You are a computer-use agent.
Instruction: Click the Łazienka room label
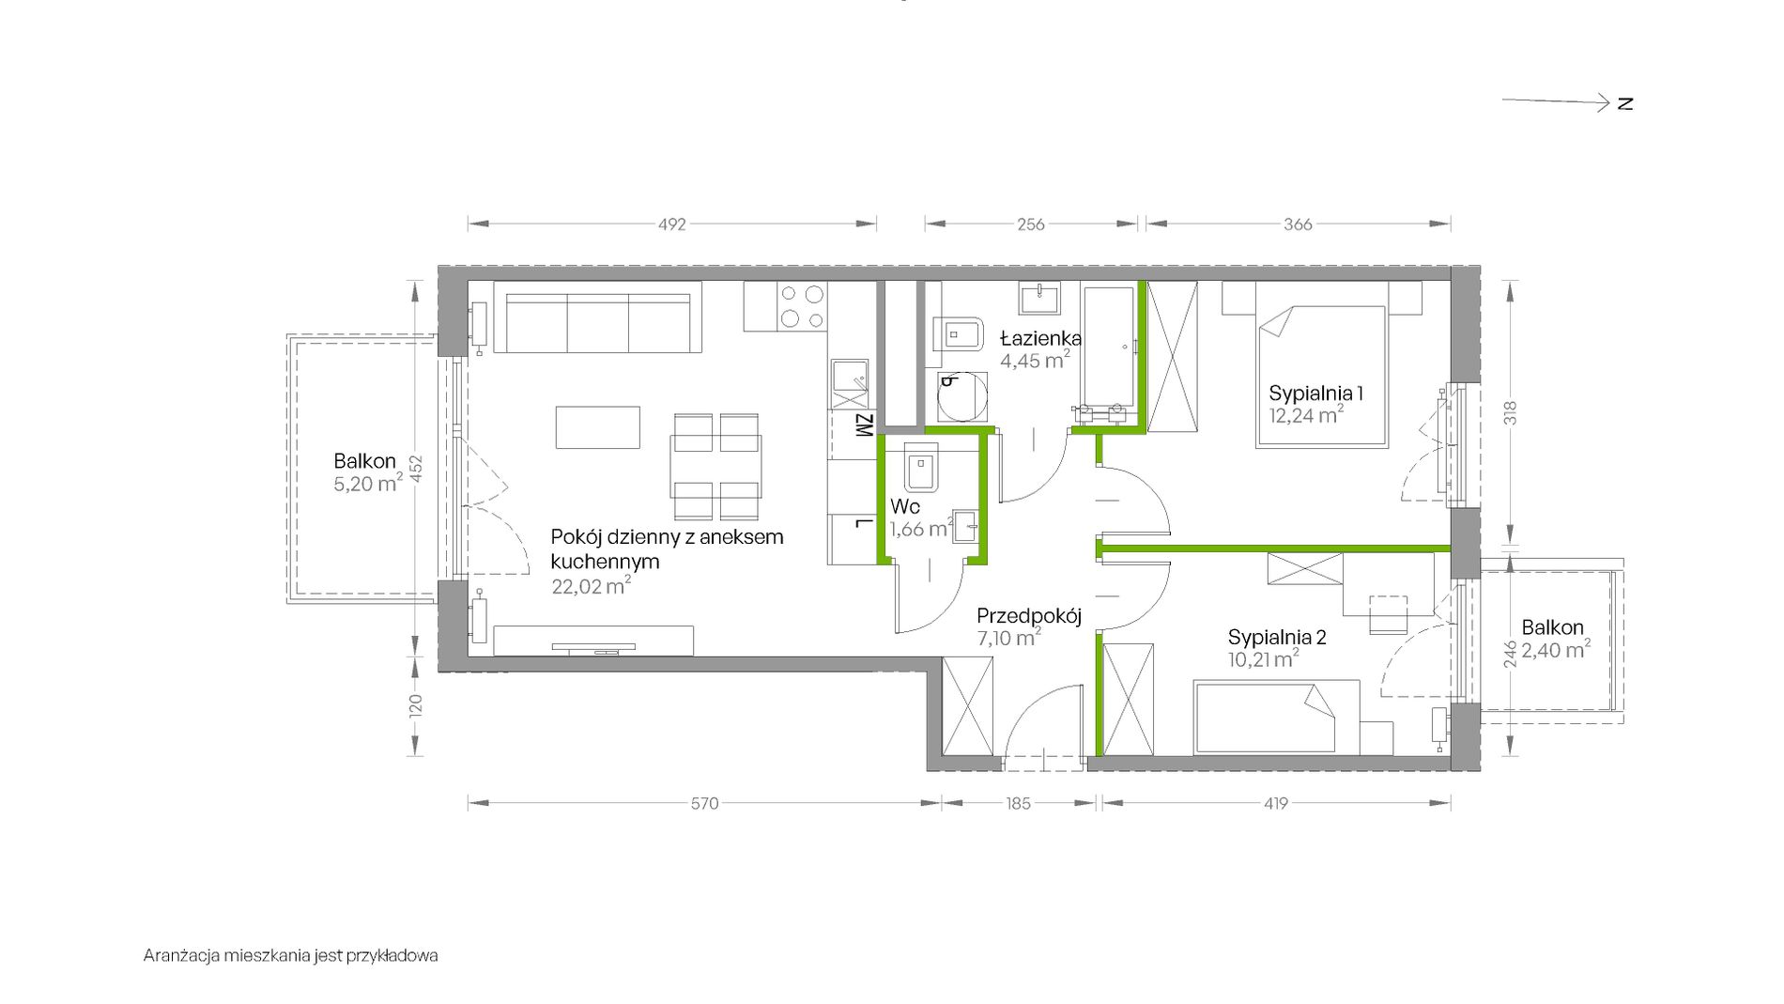[x=1040, y=338]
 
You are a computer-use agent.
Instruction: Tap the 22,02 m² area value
[x=591, y=586]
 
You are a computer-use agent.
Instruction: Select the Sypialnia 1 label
[x=1315, y=393]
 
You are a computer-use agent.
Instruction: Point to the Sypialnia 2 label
[x=1277, y=637]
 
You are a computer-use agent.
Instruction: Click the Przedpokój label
[x=1029, y=616]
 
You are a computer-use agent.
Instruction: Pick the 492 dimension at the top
[x=672, y=224]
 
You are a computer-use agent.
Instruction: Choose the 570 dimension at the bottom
[x=704, y=803]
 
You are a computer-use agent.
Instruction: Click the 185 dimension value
[x=1018, y=803]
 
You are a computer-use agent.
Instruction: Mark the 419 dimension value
[x=1276, y=803]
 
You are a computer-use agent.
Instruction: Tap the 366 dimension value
[x=1298, y=224]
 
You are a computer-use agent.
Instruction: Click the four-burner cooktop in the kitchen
[x=802, y=307]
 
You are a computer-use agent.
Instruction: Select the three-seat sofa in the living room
[x=597, y=322]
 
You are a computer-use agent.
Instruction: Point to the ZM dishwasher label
[x=864, y=425]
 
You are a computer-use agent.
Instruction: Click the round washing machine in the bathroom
[x=962, y=396]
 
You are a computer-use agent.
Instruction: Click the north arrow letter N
[x=1625, y=103]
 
